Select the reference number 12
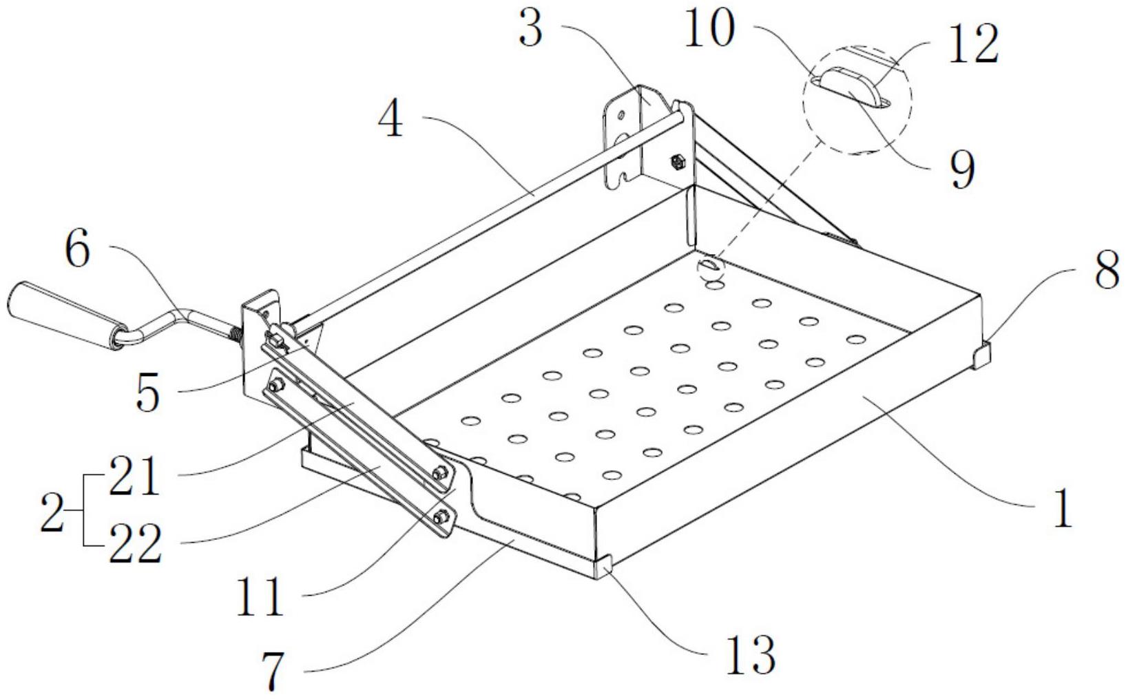(972, 44)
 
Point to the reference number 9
(961, 169)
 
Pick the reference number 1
(1063, 510)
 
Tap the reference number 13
(753, 655)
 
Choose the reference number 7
(273, 672)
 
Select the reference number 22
(136, 543)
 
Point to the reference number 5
(147, 394)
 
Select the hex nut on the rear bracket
(676, 163)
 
